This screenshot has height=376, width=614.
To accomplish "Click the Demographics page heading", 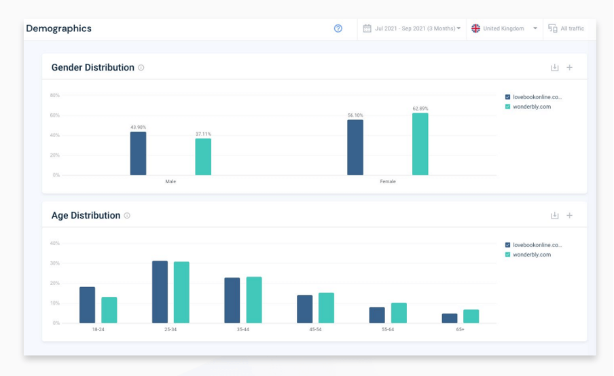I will pos(58,29).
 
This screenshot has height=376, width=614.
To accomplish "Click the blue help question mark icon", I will pos(338,29).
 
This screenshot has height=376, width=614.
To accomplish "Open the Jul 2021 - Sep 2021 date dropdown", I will pos(412,29).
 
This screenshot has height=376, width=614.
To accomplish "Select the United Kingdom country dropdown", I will pos(504,29).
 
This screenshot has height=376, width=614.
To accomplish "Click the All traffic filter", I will pos(566,29).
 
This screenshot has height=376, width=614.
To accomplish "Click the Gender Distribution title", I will pos(93,68).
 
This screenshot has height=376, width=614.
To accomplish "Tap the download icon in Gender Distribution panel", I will pos(554,68).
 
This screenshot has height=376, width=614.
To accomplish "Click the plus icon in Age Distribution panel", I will pos(570,216).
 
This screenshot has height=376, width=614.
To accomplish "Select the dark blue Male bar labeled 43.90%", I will pos(138,153).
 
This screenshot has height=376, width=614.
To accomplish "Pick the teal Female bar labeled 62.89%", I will pos(420,144).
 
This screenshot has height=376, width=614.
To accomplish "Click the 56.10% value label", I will pos(355,115).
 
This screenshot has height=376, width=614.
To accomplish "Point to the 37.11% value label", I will pos(203,134).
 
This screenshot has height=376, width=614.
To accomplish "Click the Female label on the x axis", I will pos(388,182).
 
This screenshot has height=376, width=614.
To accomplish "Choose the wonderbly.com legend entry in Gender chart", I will pos(532,107).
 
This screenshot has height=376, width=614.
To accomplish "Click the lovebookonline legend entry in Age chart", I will pos(537,245).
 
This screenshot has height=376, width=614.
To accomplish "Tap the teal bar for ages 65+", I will pos(471,316).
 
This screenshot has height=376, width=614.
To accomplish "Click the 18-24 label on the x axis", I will pos(98,329).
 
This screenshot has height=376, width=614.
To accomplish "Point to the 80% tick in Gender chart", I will pos(54,95).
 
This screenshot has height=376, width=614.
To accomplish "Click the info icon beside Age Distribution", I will pos(127,216).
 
